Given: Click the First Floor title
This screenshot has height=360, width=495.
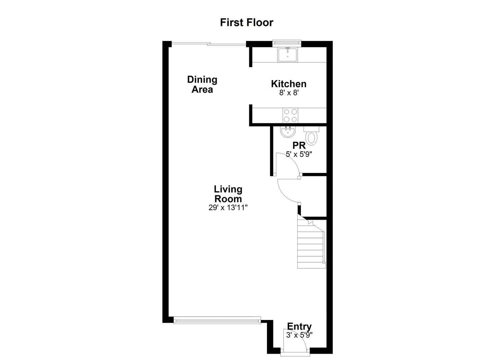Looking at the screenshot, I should pos(246,22).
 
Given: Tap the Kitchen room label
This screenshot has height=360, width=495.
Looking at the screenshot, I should pos(288,84).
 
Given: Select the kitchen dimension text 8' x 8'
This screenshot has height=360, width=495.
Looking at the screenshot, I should pos(288,93).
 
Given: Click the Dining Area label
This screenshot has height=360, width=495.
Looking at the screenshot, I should pos(202,84).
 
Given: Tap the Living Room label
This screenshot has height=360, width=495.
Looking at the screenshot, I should pos(228,194).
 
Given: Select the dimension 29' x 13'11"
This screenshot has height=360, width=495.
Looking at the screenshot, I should pos(228,208).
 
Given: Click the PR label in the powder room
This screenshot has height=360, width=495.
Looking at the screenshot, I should pos(299,146).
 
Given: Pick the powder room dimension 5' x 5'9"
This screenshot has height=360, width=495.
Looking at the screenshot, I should pos(299,154).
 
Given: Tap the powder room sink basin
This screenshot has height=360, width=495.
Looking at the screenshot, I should pos(288,132).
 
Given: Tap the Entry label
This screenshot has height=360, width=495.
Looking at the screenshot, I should pos(299,326).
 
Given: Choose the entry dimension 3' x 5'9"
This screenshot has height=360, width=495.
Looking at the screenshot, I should pos(299,335).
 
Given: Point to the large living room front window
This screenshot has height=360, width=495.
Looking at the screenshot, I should pos(217,321).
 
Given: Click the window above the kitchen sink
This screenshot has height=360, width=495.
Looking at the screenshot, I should pos(287,42).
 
